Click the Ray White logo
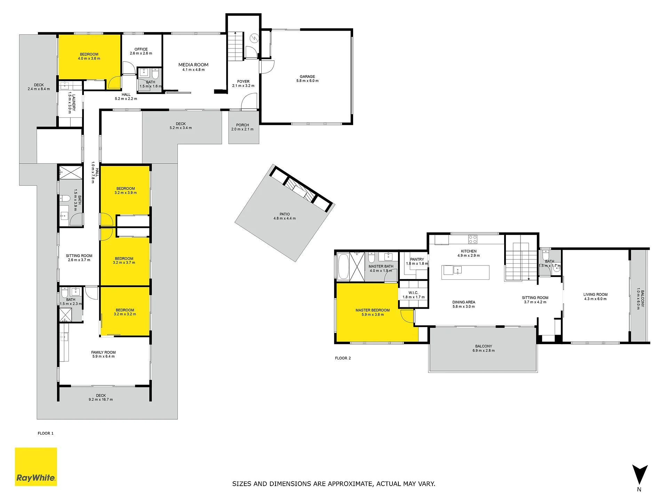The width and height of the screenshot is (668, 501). point(36,467)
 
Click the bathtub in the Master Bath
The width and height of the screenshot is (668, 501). point(343,267)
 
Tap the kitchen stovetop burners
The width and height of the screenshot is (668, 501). point(473,239)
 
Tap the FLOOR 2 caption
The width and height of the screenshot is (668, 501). point(343,358)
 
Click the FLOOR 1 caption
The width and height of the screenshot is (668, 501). point(46,433)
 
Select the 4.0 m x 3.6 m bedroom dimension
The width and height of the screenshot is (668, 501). point(89,58)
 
